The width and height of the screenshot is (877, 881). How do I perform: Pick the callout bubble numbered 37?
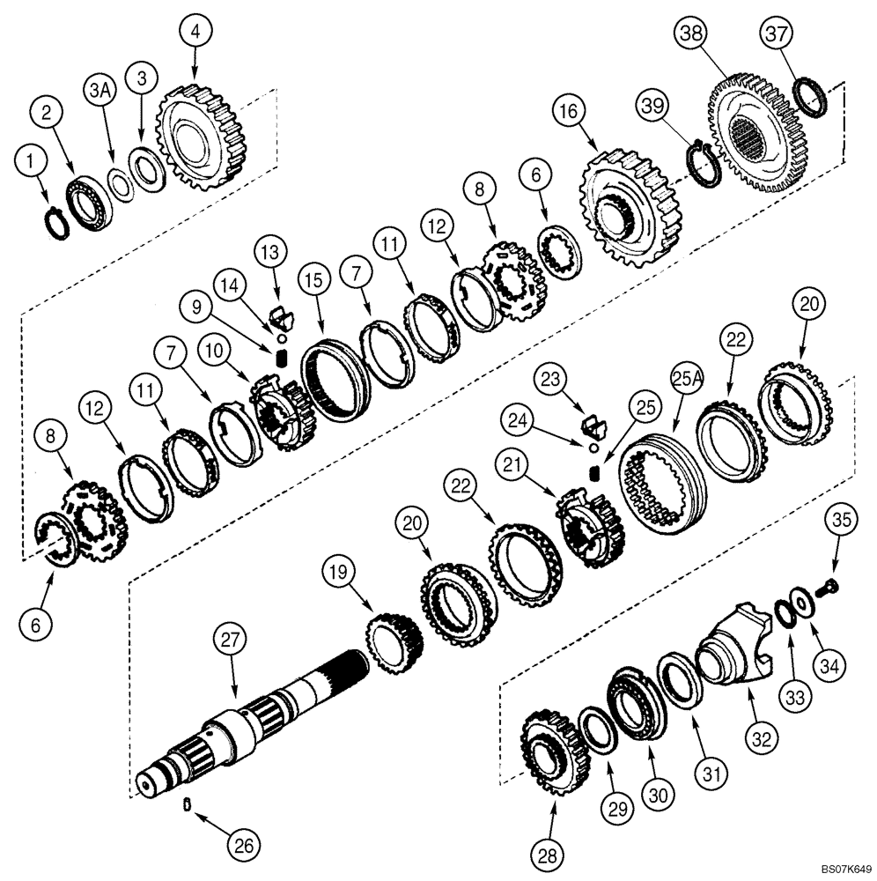coord(778,34)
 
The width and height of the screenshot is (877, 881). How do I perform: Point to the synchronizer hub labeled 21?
coord(590,530)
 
